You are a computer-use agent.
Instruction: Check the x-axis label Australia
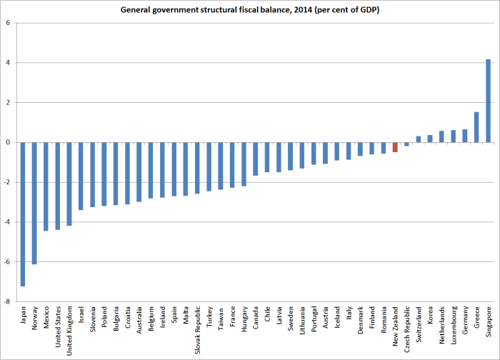[x=139, y=321]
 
